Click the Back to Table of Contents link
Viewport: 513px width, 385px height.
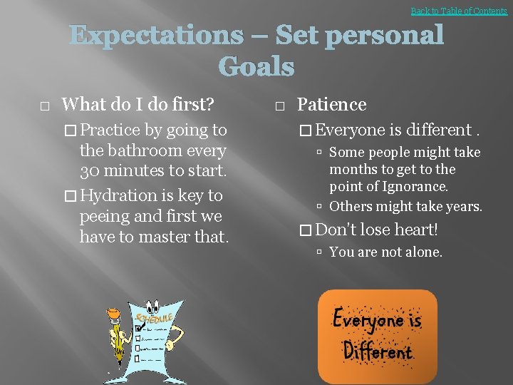pos(459,11)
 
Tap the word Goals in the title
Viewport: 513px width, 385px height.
pos(256,67)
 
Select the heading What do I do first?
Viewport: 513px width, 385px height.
pos(138,105)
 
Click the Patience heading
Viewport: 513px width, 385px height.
pos(331,105)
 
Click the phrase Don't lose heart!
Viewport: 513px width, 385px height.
pos(376,230)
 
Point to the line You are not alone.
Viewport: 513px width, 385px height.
pos(386,252)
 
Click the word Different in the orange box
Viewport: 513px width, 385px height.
pos(378,351)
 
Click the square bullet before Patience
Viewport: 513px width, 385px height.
pos(279,106)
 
